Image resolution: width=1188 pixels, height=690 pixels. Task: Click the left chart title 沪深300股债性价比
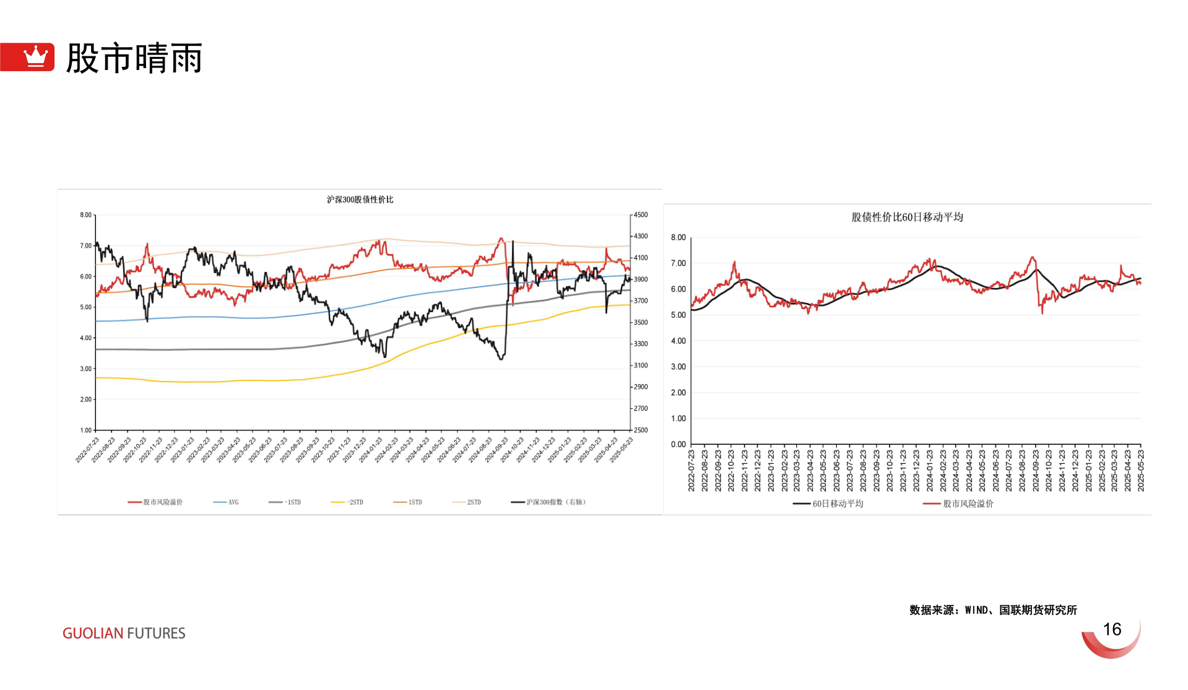[x=360, y=199]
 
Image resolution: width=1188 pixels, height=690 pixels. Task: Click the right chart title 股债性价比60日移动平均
[x=907, y=217]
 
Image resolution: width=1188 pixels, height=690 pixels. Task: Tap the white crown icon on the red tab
[x=35, y=56]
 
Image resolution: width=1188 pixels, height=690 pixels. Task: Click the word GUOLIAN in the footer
[x=93, y=633]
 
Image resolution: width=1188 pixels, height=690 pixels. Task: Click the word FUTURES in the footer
[x=156, y=633]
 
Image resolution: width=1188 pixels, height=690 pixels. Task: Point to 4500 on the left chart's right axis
[x=641, y=215]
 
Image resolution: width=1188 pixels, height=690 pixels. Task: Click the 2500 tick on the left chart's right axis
[x=641, y=430]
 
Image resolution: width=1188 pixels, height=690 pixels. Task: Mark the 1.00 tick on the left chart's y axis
[x=85, y=430]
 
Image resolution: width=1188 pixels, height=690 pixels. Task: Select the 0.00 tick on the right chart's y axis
[x=678, y=444]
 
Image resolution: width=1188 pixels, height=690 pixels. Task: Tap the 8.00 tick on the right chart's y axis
[x=678, y=237]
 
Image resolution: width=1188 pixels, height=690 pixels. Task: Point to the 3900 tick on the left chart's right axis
[x=641, y=279]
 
